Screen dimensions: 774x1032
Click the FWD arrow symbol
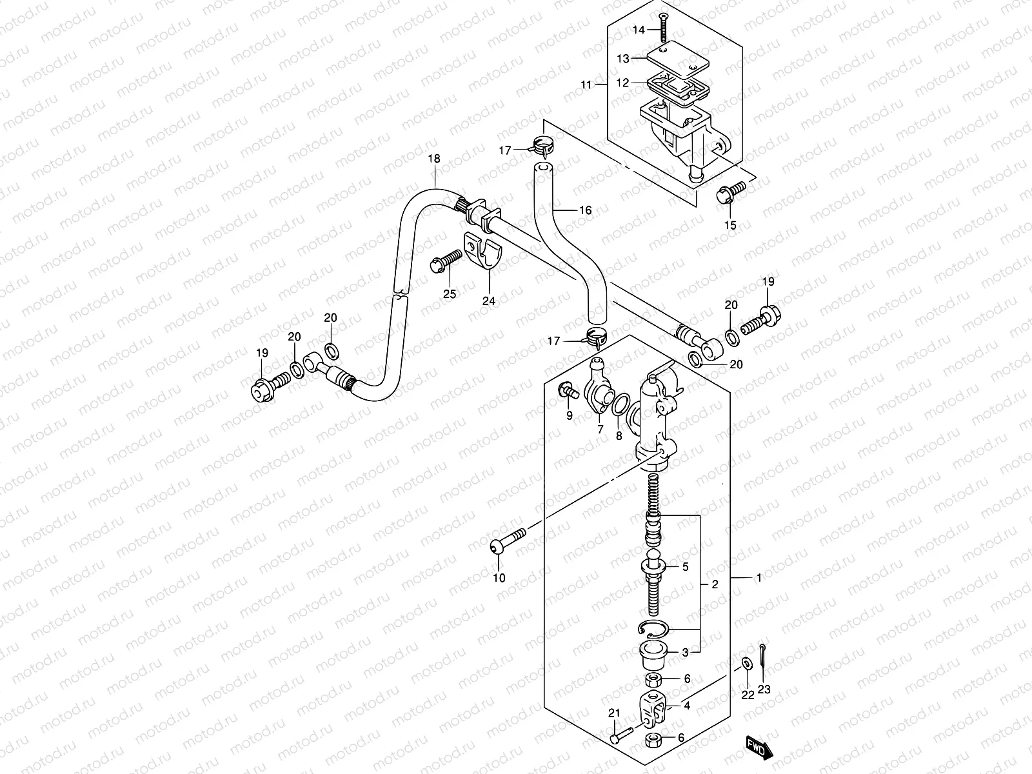click(758, 748)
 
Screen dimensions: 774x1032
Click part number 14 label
click(639, 30)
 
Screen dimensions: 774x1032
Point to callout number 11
click(586, 84)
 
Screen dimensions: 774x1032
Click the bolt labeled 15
click(730, 192)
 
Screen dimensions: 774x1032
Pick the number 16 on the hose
click(585, 210)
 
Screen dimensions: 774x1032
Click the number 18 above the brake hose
click(433, 158)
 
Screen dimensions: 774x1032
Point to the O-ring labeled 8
click(620, 405)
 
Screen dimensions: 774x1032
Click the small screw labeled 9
click(566, 390)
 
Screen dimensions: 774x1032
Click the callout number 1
click(759, 578)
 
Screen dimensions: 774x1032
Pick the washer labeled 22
click(746, 663)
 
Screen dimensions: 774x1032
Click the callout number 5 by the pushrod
click(686, 568)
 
